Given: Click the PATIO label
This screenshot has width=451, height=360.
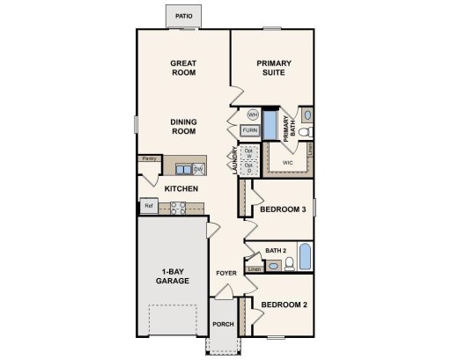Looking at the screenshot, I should tap(183, 16).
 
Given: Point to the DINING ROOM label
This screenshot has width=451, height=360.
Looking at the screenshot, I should tap(183, 127).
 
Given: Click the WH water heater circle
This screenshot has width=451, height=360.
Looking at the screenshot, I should tap(252, 114).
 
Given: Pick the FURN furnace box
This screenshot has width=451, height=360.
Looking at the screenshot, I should tap(250, 131).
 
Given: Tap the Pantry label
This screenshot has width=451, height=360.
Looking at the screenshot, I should tap(149, 158).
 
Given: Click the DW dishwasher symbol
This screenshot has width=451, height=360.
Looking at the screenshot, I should tap(199, 168).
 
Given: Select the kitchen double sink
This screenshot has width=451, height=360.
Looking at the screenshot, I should tap(184, 168).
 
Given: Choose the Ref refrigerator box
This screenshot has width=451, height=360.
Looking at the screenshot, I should tap(149, 206).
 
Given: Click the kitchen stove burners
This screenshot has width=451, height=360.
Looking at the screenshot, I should tap(177, 208).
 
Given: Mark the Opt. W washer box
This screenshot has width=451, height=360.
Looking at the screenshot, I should tap(249, 152).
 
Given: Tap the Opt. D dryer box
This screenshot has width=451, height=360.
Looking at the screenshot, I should tap(249, 167).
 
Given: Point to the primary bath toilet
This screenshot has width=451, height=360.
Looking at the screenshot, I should tap(303, 133).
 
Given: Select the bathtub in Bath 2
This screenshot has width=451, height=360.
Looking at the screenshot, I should tap(305, 256).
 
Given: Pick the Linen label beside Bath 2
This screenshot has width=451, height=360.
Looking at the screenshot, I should tap(255, 268).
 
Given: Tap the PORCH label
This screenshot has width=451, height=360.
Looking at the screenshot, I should tap(224, 324).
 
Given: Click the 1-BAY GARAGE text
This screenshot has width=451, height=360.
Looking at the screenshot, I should tap(172, 276).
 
